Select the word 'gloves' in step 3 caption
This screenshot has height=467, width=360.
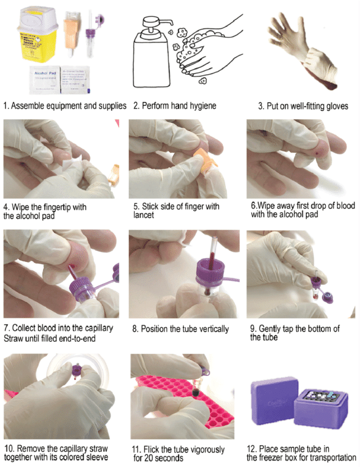[333, 106]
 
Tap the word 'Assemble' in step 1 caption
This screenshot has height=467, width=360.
[30, 106]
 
